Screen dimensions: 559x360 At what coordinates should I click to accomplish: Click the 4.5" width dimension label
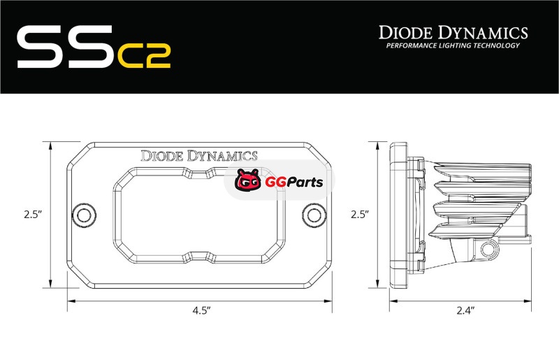[201, 311]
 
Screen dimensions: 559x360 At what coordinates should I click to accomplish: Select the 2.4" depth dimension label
[465, 311]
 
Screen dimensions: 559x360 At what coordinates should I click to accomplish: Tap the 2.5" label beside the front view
[33, 215]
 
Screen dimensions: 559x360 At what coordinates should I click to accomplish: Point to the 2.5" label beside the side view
[359, 215]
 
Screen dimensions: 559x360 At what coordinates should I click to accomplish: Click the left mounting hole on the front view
[84, 215]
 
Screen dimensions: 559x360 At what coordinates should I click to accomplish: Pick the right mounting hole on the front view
[314, 215]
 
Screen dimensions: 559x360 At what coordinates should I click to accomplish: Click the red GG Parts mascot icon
[248, 180]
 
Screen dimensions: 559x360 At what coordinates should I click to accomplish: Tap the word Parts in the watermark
[305, 182]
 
